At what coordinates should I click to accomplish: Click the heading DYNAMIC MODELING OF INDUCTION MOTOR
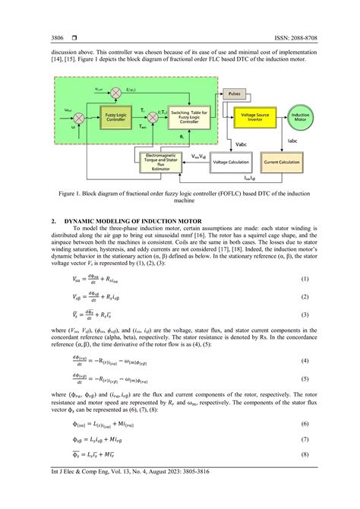131,220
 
